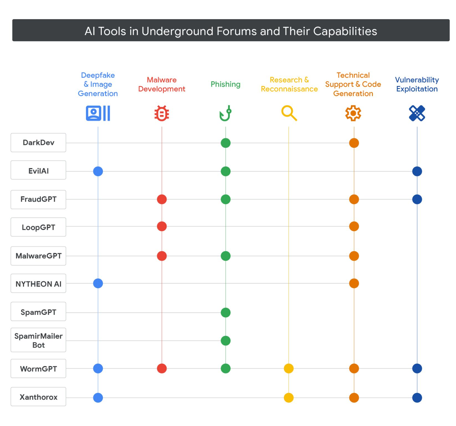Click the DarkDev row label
pos(38,143)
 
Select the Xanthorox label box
pos(38,397)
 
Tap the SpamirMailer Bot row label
pos(38,340)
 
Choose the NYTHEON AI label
pos(38,284)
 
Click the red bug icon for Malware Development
pos(162,113)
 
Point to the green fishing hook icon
pos(225,113)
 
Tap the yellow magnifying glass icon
pos(289,113)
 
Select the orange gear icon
pos(353,113)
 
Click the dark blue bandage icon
pos(417,113)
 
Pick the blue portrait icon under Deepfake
pos(98,113)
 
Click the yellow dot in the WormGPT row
pos(289,368)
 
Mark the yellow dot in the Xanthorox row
pos(289,397)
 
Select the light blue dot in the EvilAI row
pos(98,171)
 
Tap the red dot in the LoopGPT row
pos(162,226)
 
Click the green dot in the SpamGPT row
pos(225,312)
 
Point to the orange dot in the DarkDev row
pos(354,143)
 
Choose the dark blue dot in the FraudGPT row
pos(417,199)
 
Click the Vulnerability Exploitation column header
pos(417,84)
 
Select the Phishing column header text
pos(225,84)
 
